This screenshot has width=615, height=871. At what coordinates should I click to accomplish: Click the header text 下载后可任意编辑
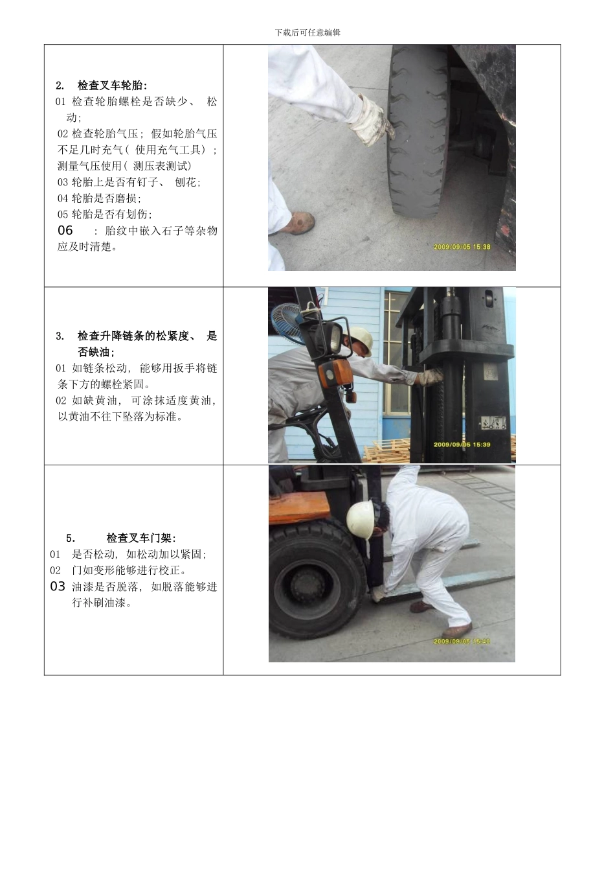(x=307, y=32)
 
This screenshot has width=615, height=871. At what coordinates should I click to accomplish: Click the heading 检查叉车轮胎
(x=112, y=86)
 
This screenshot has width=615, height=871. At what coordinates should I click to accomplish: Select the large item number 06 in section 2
(x=65, y=230)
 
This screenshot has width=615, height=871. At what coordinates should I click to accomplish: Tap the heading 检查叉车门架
(x=140, y=538)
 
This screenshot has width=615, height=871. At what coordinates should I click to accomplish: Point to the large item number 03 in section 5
(x=58, y=586)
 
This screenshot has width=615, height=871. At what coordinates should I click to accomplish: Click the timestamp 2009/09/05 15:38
(x=462, y=246)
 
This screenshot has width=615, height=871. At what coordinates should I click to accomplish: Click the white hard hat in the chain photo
(x=360, y=338)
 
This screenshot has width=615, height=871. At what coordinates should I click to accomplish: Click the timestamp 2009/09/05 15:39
(x=462, y=445)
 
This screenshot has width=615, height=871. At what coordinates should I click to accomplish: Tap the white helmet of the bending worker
(x=359, y=519)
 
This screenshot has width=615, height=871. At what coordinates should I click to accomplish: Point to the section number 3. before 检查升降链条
(x=60, y=336)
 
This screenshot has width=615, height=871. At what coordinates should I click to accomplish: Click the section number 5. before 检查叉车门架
(x=71, y=538)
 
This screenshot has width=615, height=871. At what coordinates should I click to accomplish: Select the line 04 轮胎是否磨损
(x=99, y=198)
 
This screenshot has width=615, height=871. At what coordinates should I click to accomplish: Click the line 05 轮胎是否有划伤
(x=105, y=215)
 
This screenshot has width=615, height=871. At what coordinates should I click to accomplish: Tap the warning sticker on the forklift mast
(x=493, y=424)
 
